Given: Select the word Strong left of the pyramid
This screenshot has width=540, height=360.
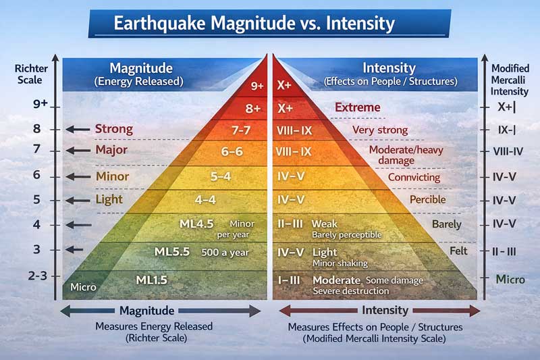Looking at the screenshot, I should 113,128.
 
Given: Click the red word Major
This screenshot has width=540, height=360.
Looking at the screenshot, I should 112,150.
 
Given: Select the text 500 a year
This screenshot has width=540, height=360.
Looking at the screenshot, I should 225,253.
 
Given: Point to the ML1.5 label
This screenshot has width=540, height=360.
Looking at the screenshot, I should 151,280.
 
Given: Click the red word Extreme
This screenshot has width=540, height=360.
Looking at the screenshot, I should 357,107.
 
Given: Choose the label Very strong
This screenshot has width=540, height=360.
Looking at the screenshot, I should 380,130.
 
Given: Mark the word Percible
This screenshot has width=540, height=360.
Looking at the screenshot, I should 428,200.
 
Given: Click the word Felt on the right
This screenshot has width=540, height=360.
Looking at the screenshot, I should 458,250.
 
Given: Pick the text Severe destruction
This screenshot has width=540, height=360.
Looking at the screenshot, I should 350,291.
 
